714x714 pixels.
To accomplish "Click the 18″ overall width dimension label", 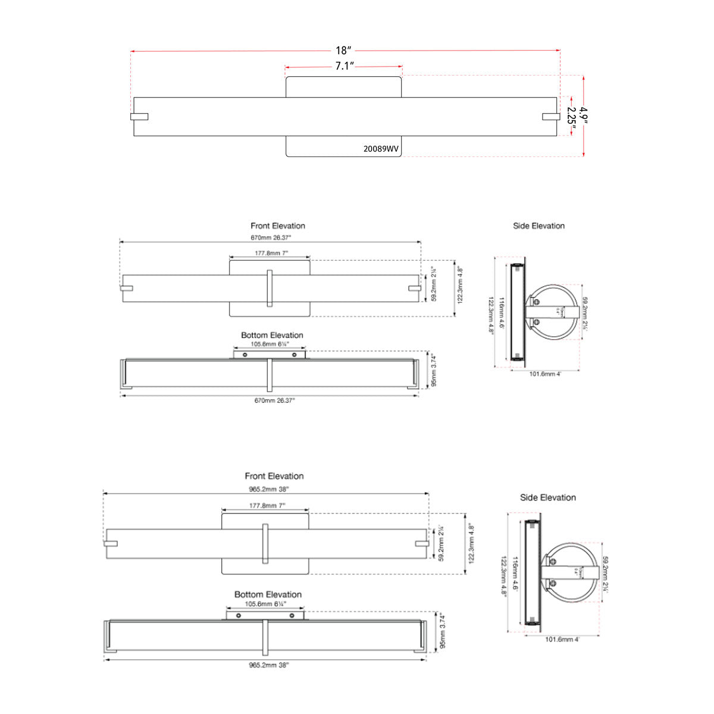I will (x=345, y=51).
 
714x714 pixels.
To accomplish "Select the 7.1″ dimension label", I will (x=344, y=66).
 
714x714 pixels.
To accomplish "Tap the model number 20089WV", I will (x=381, y=149).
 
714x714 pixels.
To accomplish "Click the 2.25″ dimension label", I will (x=571, y=116).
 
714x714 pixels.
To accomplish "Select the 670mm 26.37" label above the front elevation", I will (x=271, y=237).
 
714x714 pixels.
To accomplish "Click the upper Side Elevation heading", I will (x=538, y=226).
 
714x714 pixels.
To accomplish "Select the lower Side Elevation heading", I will (x=547, y=497).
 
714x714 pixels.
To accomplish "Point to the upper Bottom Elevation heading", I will (x=272, y=336).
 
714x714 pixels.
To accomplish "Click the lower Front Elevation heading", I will (x=274, y=476).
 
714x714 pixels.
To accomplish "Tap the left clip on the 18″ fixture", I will (x=139, y=117).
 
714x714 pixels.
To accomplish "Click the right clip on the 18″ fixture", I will (x=551, y=117).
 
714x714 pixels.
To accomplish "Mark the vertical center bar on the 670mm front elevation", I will (x=270, y=288).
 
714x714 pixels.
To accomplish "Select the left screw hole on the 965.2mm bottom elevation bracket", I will (x=238, y=615).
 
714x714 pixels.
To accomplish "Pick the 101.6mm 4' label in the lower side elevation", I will (x=562, y=640).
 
